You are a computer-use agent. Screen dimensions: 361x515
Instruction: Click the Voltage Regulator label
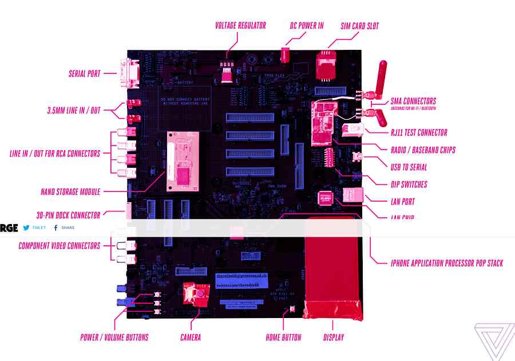point(240,26)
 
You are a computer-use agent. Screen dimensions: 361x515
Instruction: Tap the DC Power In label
point(307,26)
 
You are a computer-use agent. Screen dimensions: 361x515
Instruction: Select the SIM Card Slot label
point(359,26)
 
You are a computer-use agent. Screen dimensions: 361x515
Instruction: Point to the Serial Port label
point(84,74)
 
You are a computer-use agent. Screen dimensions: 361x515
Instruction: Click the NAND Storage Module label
point(70,192)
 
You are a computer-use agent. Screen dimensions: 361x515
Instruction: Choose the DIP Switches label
point(409,185)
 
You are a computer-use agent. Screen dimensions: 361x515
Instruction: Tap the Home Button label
point(283,338)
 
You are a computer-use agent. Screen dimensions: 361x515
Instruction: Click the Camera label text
point(191,338)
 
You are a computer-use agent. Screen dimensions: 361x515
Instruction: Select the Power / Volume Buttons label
point(114,338)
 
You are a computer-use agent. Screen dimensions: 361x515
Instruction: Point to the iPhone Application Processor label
point(447,264)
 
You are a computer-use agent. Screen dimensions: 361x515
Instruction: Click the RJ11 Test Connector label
point(419,133)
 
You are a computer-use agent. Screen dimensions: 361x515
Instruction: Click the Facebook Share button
point(64,227)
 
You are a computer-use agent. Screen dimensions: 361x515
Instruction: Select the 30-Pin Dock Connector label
point(68,215)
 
